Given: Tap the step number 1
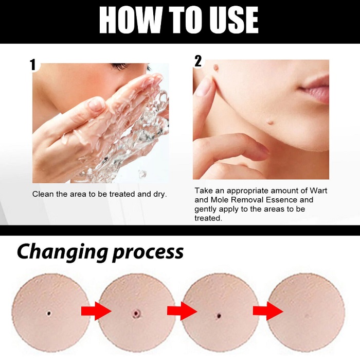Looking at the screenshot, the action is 33,64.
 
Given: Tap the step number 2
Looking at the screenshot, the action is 198,61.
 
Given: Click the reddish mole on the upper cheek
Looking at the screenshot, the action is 217,67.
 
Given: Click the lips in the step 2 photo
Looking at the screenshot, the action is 315,89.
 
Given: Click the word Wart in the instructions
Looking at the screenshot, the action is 318,191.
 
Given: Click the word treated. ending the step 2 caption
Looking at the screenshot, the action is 208,218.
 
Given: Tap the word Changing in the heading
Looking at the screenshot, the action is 63,252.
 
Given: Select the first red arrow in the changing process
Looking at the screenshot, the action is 96,311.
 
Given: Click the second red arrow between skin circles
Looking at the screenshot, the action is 182,311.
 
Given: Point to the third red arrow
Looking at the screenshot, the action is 268,311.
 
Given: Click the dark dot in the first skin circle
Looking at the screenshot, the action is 49,313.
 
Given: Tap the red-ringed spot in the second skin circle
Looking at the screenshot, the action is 136,313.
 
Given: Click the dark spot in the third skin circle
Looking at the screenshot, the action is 219,316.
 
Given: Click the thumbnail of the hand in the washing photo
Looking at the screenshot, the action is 96,104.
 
